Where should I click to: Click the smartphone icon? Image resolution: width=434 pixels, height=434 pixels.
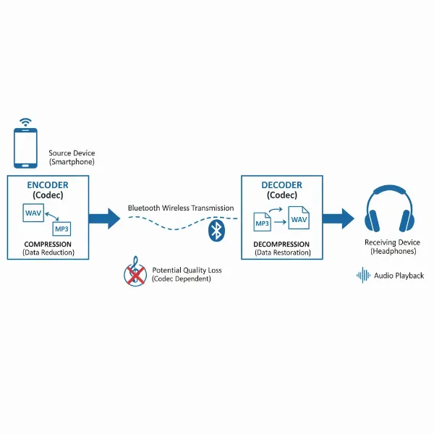pyautogui.click(x=27, y=148)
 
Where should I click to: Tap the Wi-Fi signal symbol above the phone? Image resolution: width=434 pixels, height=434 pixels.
pyautogui.click(x=27, y=121)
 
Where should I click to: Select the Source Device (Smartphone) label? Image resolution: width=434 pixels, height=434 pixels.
pyautogui.click(x=72, y=158)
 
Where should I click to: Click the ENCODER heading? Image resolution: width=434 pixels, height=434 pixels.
pyautogui.click(x=48, y=185)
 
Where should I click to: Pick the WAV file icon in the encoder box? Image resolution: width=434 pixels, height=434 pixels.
pyautogui.click(x=33, y=214)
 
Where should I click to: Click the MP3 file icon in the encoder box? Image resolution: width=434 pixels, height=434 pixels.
pyautogui.click(x=62, y=229)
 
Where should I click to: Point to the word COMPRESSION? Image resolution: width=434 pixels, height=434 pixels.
pyautogui.click(x=48, y=244)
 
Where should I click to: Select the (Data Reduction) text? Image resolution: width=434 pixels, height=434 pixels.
pyautogui.click(x=48, y=253)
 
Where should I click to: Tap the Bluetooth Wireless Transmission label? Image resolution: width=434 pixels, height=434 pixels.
pyautogui.click(x=181, y=208)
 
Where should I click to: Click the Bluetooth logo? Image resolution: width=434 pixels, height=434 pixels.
pyautogui.click(x=215, y=231)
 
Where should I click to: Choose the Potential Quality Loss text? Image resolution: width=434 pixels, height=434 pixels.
pyautogui.click(x=187, y=271)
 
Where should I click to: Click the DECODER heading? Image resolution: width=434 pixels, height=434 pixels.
pyautogui.click(x=283, y=185)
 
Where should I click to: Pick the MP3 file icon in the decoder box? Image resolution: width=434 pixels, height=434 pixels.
pyautogui.click(x=262, y=222)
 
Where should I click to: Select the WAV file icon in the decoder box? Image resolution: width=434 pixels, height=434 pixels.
pyautogui.click(x=298, y=218)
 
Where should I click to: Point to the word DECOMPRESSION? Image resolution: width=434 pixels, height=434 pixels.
pyautogui.click(x=282, y=244)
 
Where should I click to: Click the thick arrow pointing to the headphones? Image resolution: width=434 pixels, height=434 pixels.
pyautogui.click(x=338, y=218)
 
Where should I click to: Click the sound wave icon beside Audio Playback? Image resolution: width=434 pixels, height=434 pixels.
pyautogui.click(x=364, y=275)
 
